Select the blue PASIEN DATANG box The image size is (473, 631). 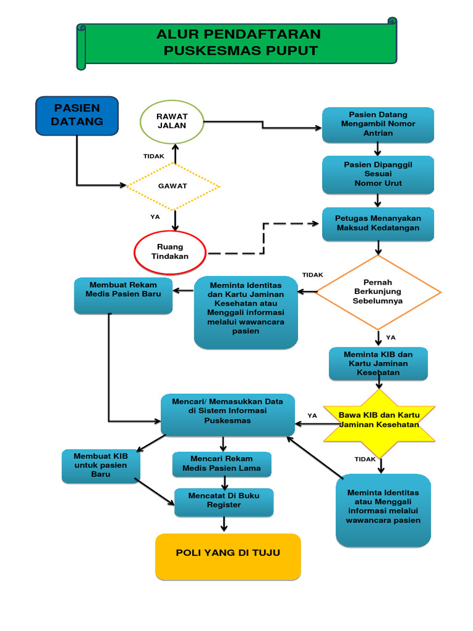(x=77, y=115)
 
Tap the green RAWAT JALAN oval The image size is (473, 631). (x=172, y=121)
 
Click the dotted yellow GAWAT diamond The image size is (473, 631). (x=173, y=185)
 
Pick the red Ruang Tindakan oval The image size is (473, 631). (x=170, y=252)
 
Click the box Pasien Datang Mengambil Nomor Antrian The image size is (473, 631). (x=378, y=124)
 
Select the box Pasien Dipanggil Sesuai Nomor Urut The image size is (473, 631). (x=378, y=174)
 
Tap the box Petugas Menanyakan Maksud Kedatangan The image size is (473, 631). (x=378, y=223)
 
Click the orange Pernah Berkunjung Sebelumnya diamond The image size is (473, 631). (x=378, y=292)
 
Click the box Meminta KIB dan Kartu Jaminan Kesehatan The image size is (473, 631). (x=378, y=364)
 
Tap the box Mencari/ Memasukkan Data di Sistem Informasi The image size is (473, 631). (x=227, y=415)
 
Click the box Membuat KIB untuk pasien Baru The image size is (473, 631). (x=101, y=465)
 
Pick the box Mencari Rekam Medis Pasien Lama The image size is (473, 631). (x=222, y=464)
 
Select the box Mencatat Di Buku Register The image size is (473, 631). (x=224, y=501)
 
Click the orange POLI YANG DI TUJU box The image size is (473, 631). (x=228, y=556)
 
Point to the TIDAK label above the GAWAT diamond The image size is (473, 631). (x=154, y=157)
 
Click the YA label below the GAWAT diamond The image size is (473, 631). (x=155, y=217)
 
